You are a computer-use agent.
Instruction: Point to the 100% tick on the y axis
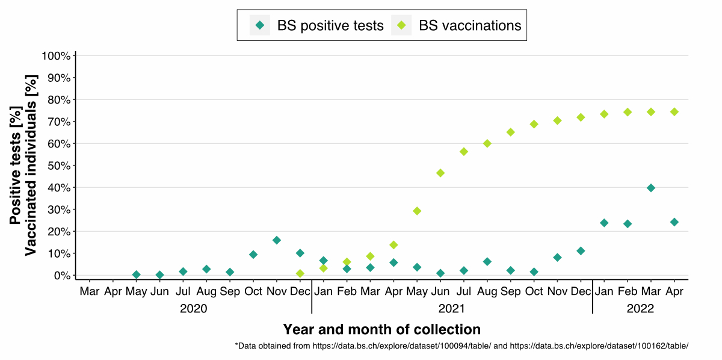tap(57, 56)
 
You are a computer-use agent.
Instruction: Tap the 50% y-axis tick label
tap(59, 166)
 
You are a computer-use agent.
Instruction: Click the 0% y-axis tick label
tap(62, 276)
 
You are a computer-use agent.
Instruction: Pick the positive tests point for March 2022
tap(650, 188)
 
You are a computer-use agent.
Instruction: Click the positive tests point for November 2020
tap(277, 240)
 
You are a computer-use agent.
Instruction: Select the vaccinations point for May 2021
tap(417, 211)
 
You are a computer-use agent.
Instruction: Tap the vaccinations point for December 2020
tap(300, 273)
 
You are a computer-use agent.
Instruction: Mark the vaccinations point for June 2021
tap(440, 173)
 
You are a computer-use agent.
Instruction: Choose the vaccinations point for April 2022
tap(674, 112)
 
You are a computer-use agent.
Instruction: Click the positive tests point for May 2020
tap(137, 275)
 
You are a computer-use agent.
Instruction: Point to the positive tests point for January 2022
tap(604, 223)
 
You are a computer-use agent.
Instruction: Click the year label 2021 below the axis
tap(452, 309)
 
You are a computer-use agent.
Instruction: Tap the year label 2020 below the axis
tap(194, 309)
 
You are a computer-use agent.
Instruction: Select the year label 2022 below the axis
tap(640, 309)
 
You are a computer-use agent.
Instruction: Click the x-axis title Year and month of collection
tap(382, 329)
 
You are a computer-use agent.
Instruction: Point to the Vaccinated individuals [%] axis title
tap(31, 165)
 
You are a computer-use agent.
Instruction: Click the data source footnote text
tap(461, 346)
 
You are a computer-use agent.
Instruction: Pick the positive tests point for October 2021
tap(534, 272)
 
